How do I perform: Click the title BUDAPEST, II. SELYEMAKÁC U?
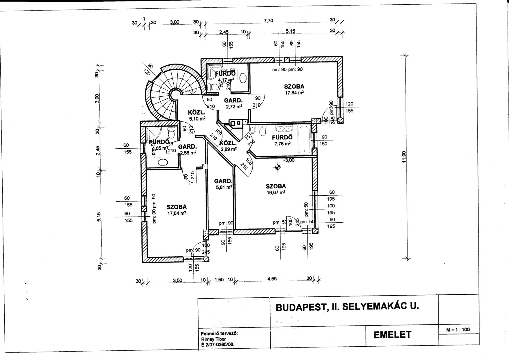[x=347, y=307]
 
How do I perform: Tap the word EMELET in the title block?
[x=393, y=334]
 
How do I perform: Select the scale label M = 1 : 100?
[x=458, y=330]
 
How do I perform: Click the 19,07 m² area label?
[x=276, y=192]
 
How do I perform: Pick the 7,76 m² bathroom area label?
[x=282, y=143]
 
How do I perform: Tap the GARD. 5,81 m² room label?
[x=223, y=184]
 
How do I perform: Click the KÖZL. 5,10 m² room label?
[x=197, y=115]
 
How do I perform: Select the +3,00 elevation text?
[x=288, y=160]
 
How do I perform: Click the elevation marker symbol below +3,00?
[x=278, y=167]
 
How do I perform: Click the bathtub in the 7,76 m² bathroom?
[x=304, y=139]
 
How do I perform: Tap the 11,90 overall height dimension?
[x=404, y=157]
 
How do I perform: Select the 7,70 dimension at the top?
[x=268, y=21]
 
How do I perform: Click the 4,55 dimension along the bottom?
[x=272, y=279]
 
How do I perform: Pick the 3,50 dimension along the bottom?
[x=177, y=280]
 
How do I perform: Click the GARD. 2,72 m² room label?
[x=233, y=103]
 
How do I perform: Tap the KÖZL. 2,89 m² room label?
[x=228, y=146]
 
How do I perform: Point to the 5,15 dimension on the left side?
[x=99, y=217]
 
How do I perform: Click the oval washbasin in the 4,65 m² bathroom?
[x=164, y=162]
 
